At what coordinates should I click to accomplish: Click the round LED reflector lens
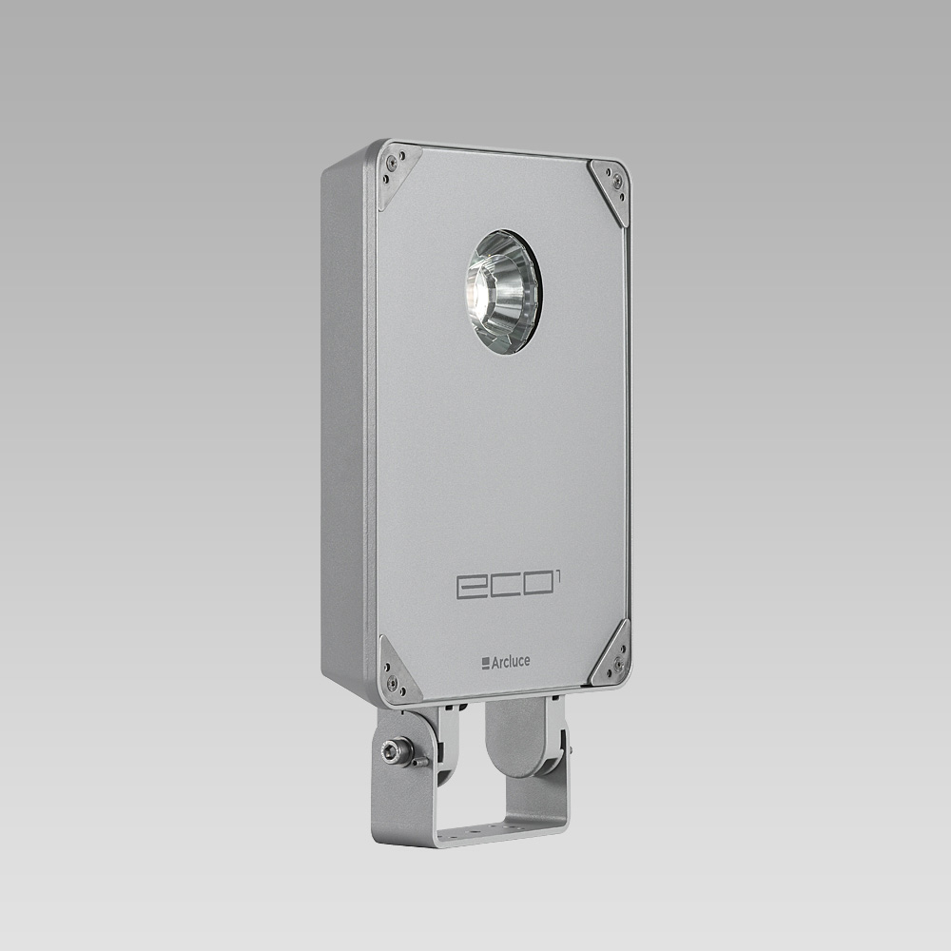(x=502, y=291)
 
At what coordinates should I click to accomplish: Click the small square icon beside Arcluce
(x=485, y=663)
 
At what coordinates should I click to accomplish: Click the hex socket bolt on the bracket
(x=393, y=751)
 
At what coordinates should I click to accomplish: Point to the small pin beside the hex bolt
(x=419, y=761)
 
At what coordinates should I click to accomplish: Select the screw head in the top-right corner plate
(x=617, y=180)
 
